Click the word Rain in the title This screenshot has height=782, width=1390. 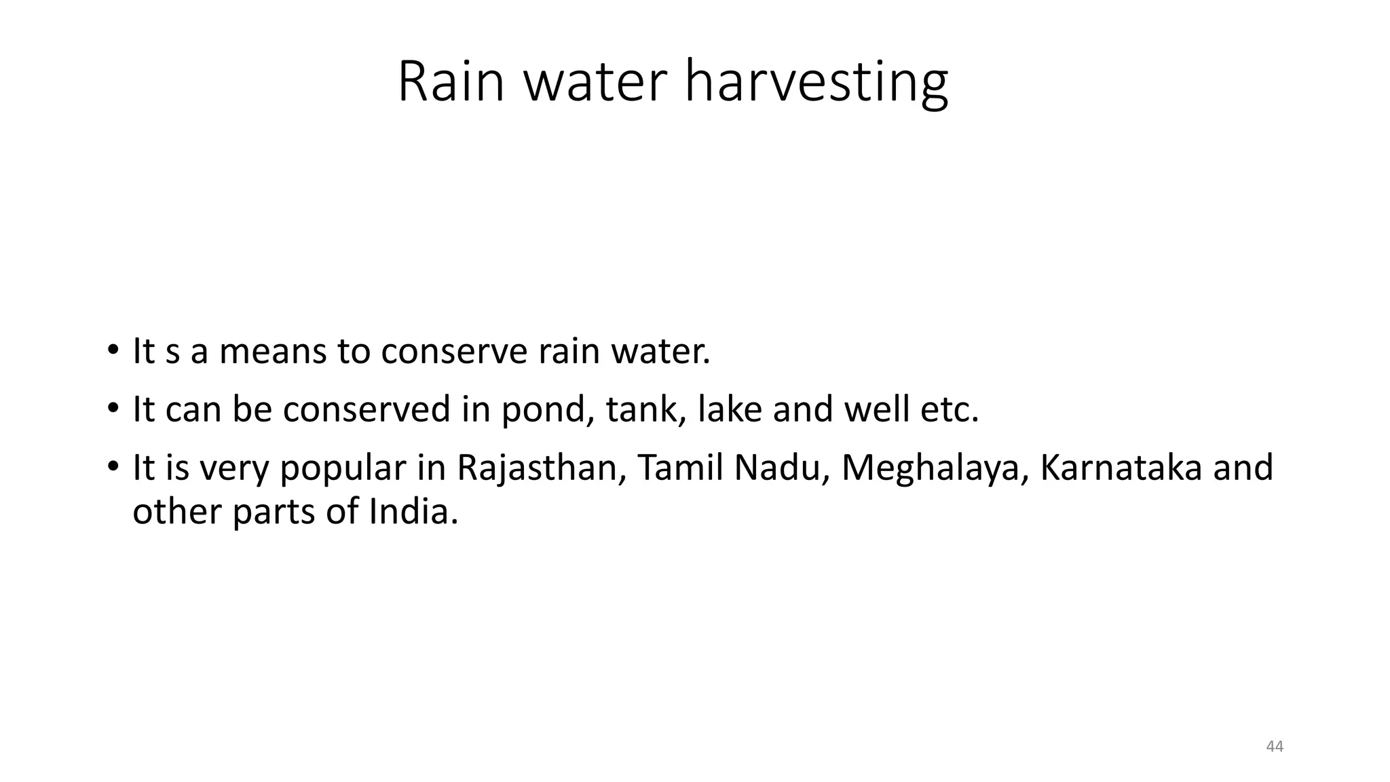click(451, 81)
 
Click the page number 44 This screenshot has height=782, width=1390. click(1275, 747)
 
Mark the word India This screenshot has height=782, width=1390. click(413, 511)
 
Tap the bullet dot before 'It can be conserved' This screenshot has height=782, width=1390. click(113, 410)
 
